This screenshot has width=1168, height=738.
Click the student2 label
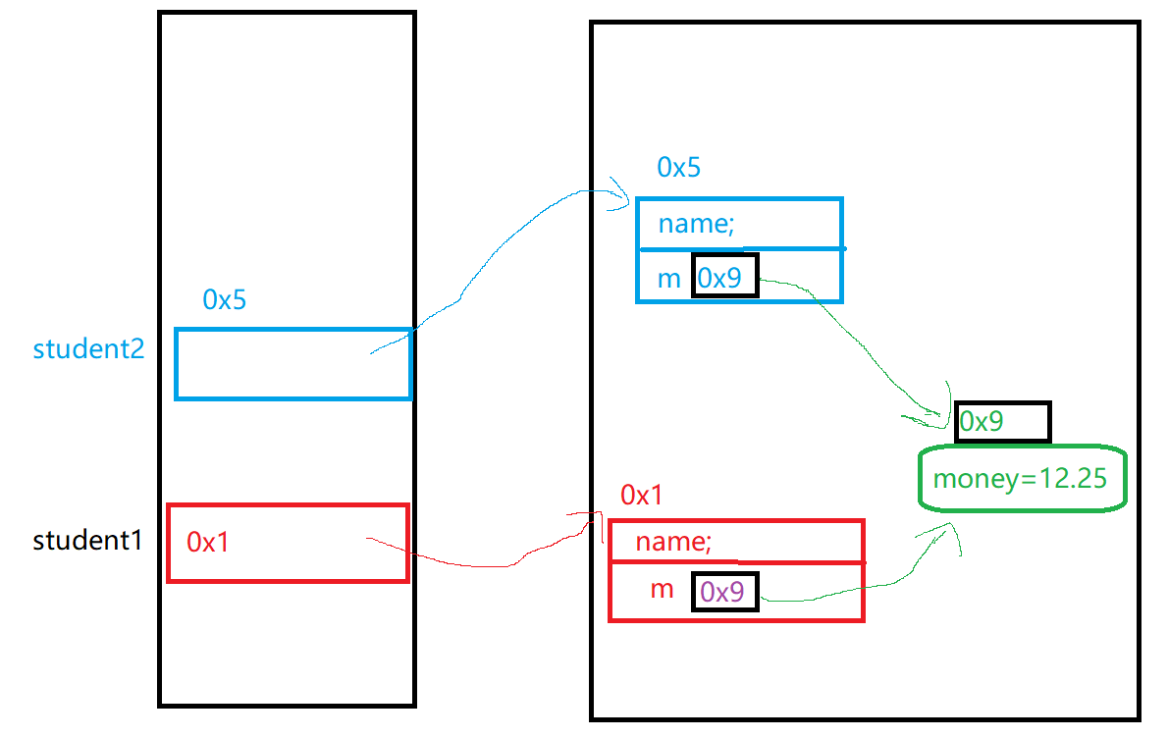(x=88, y=349)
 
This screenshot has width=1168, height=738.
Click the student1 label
(x=88, y=540)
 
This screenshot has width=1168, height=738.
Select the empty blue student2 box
(x=292, y=364)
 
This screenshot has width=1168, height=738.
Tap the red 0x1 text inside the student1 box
(x=207, y=542)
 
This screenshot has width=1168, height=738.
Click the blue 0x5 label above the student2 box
(x=224, y=299)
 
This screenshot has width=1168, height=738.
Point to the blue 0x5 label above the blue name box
(x=678, y=167)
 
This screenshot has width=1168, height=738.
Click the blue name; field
(x=696, y=224)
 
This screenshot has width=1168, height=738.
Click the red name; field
(x=673, y=542)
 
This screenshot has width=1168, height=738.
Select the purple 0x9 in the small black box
(x=724, y=591)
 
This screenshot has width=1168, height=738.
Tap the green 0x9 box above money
(x=1000, y=422)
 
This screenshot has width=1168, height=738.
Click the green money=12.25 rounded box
(x=1021, y=479)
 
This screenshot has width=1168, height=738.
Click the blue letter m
(x=668, y=279)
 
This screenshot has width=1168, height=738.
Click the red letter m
(x=663, y=590)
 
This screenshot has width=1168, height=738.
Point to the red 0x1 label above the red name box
(x=641, y=496)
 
